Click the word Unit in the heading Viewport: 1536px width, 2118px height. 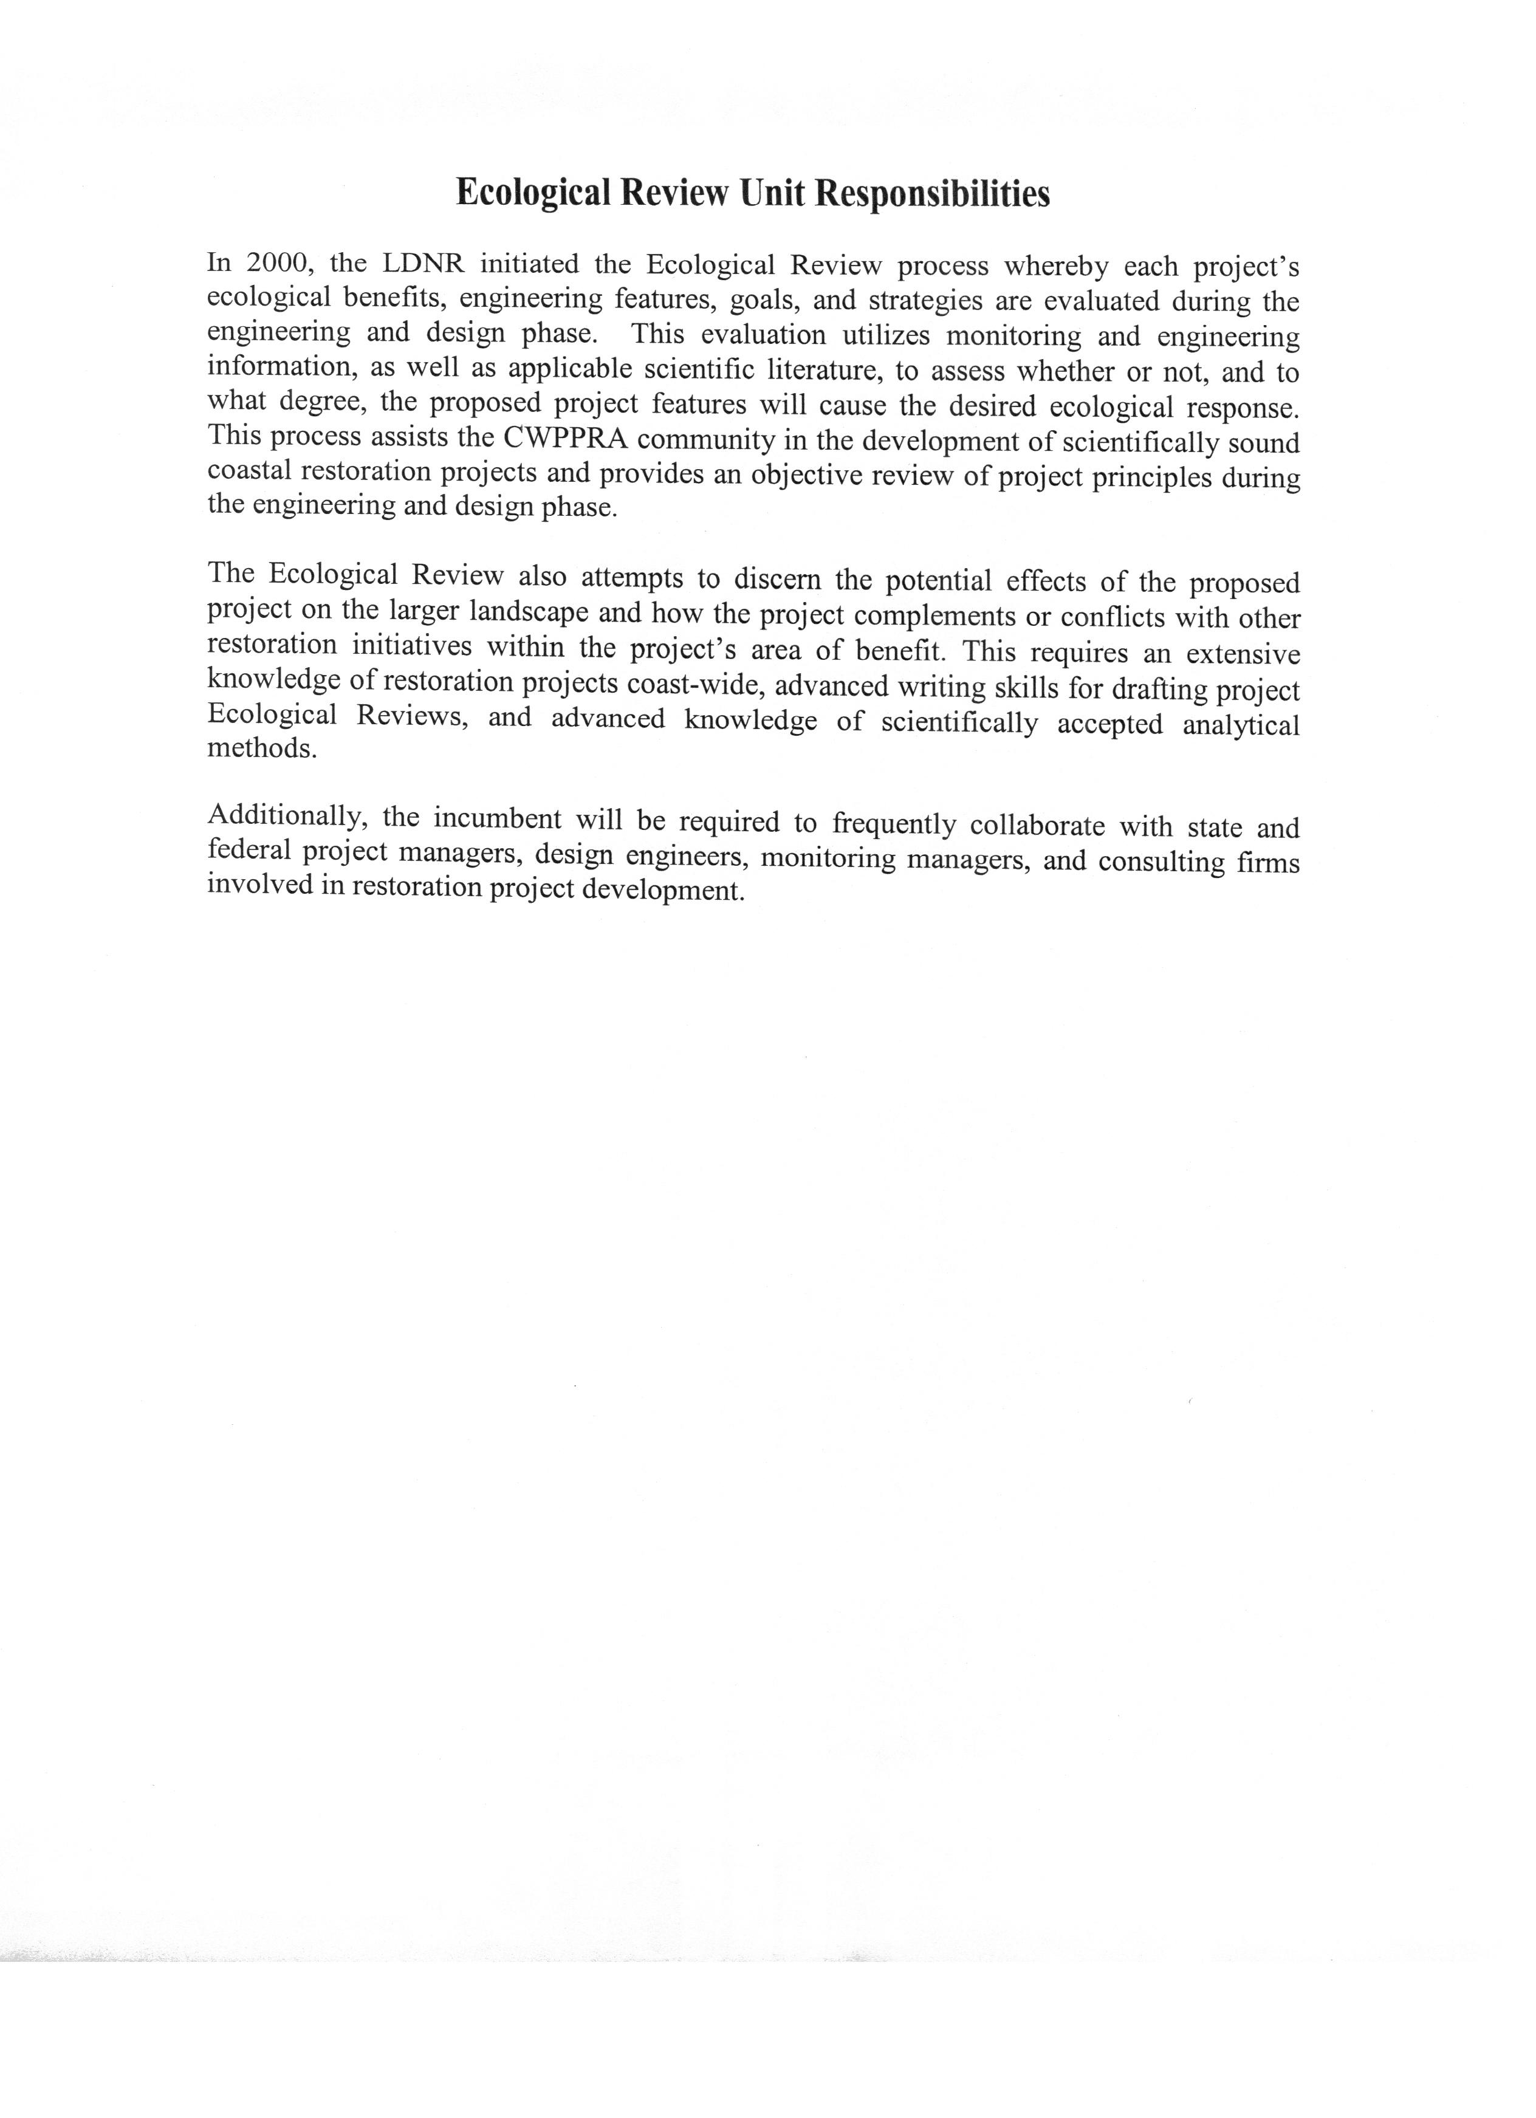pyautogui.click(x=772, y=193)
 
